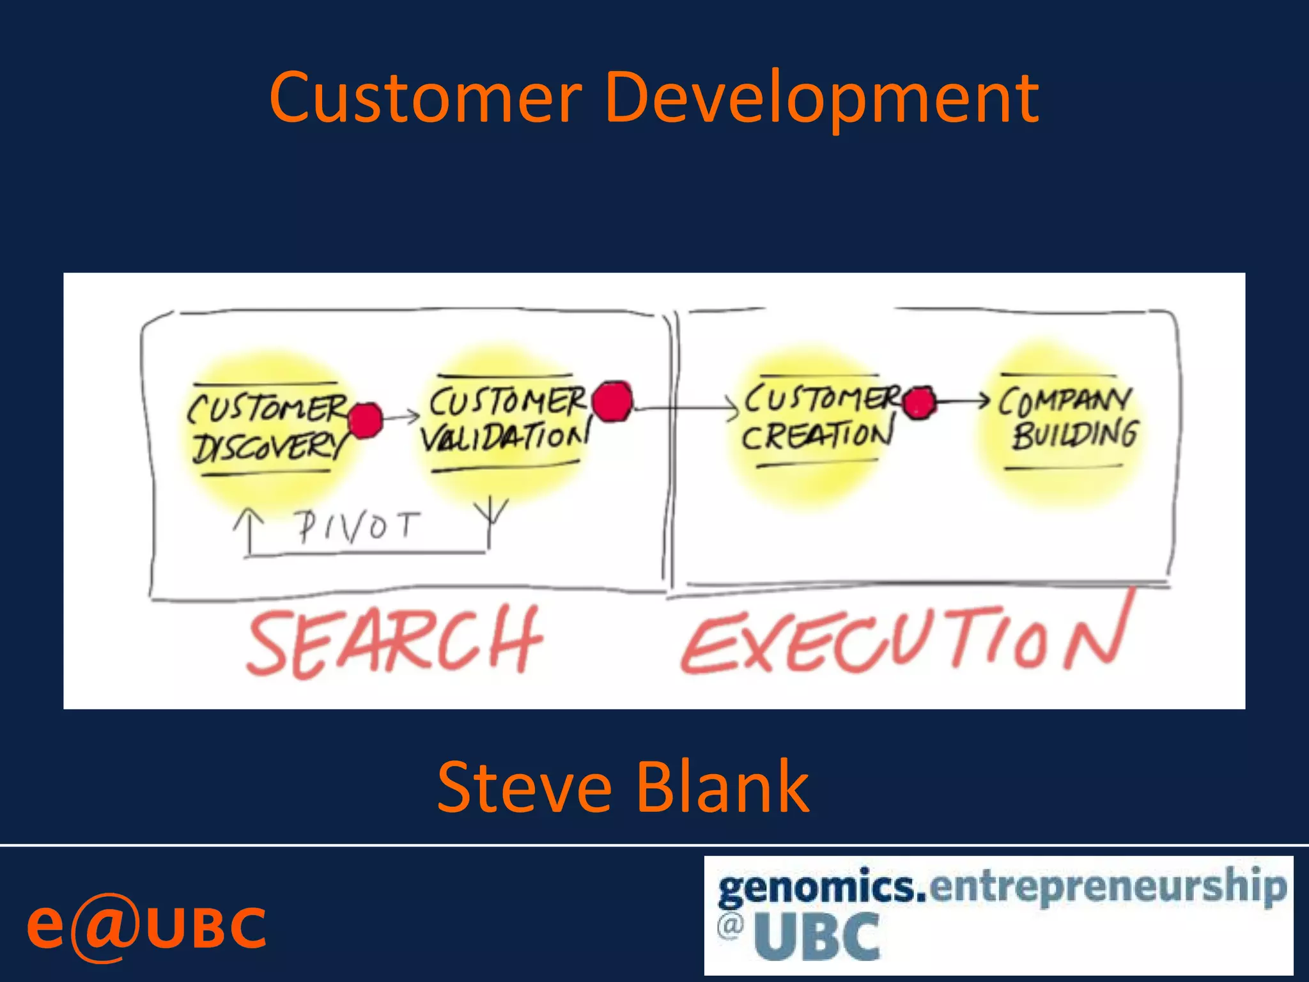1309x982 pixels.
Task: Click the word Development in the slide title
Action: pyautogui.click(x=821, y=99)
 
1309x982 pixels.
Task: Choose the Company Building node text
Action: pyautogui.click(x=1067, y=419)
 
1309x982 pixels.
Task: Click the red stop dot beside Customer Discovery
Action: pyautogui.click(x=366, y=421)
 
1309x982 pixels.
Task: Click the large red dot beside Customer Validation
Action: pyautogui.click(x=612, y=401)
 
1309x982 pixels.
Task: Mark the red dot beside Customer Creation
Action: pyautogui.click(x=919, y=403)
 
